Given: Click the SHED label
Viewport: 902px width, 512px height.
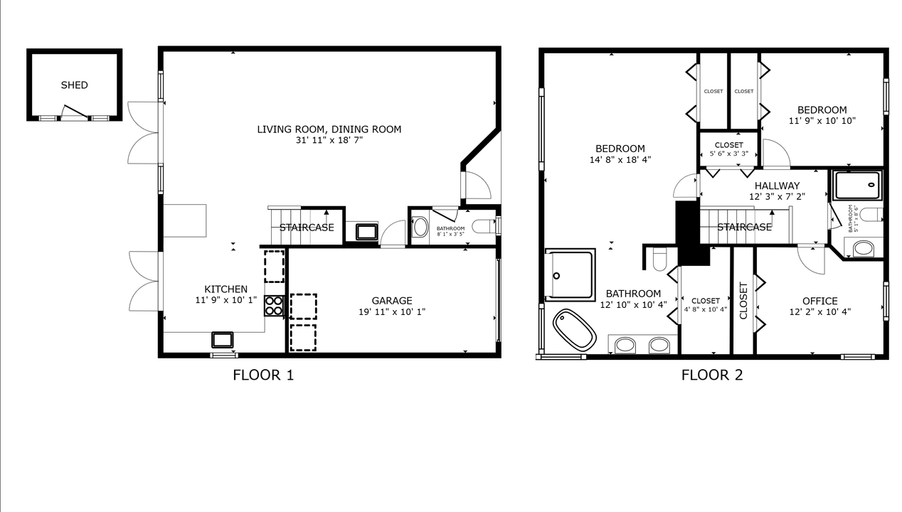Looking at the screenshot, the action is (74, 85).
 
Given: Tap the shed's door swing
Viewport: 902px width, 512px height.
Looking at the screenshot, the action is (75, 112).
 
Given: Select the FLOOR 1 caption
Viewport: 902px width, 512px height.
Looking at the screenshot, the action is (263, 375).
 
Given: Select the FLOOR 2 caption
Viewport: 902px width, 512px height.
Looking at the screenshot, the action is (712, 375).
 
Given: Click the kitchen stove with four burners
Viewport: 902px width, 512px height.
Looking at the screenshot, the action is (274, 306).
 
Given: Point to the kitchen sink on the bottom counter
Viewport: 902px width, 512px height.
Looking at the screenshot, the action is (222, 340).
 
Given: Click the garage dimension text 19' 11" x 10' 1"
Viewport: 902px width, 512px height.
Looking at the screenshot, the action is (392, 312).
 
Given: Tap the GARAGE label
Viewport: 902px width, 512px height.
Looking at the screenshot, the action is (392, 301).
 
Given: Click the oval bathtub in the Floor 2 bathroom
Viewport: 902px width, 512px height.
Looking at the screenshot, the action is (574, 330).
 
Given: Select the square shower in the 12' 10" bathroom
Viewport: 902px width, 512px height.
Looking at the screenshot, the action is (571, 275).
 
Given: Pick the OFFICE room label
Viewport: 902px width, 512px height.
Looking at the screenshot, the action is (820, 301).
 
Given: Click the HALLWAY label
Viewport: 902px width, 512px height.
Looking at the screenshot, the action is (777, 186).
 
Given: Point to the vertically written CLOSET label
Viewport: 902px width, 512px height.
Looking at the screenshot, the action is (743, 301).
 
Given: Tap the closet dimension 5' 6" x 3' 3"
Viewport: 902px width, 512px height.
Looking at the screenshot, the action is (729, 154).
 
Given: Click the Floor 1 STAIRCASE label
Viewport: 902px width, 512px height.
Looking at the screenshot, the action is (307, 228).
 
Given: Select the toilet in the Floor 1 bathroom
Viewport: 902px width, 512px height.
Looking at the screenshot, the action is (483, 227).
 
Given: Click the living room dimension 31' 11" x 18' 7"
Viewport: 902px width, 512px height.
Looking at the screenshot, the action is (329, 141).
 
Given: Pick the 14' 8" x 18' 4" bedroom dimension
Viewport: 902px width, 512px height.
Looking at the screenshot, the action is (620, 160).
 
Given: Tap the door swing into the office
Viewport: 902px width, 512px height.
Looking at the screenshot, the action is (811, 260).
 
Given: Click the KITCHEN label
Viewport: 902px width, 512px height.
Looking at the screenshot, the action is (225, 289).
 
